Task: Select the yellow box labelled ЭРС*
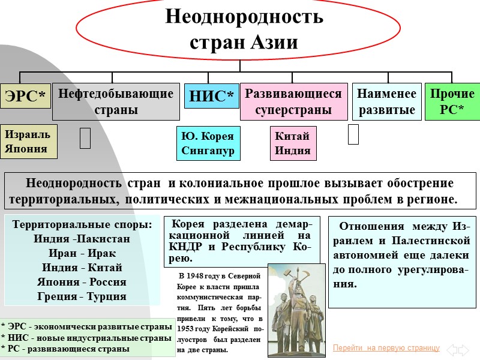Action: (25, 97)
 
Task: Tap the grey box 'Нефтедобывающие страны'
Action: (116, 102)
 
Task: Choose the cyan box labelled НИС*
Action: (211, 97)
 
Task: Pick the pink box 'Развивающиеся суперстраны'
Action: (293, 101)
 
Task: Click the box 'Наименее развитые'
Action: (386, 101)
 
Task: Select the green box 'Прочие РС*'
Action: (452, 101)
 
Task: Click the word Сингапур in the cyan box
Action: (208, 151)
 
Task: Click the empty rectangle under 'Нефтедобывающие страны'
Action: (85, 137)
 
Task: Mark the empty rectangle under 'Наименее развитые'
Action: (353, 134)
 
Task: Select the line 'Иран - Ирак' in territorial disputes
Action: (82, 253)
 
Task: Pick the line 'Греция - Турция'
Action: (82, 296)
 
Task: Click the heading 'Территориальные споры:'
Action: (82, 224)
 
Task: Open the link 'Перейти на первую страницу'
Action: (386, 348)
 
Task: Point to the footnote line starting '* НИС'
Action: (87, 338)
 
